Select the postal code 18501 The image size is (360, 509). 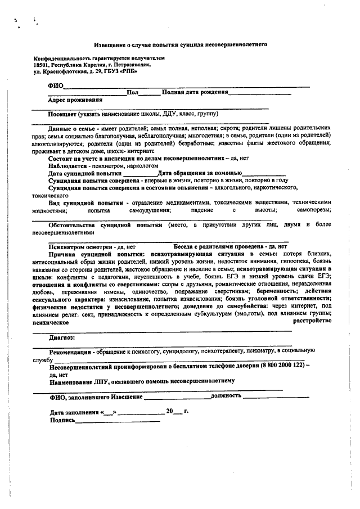point(42,65)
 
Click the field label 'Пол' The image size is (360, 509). point(133,92)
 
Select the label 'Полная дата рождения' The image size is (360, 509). point(195,92)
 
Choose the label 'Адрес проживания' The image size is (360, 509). point(75,100)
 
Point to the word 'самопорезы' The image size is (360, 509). point(315,209)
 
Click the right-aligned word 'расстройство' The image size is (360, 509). point(310,320)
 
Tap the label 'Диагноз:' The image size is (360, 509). point(62,338)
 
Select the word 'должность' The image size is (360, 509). point(226,396)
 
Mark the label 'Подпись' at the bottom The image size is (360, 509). point(62,420)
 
